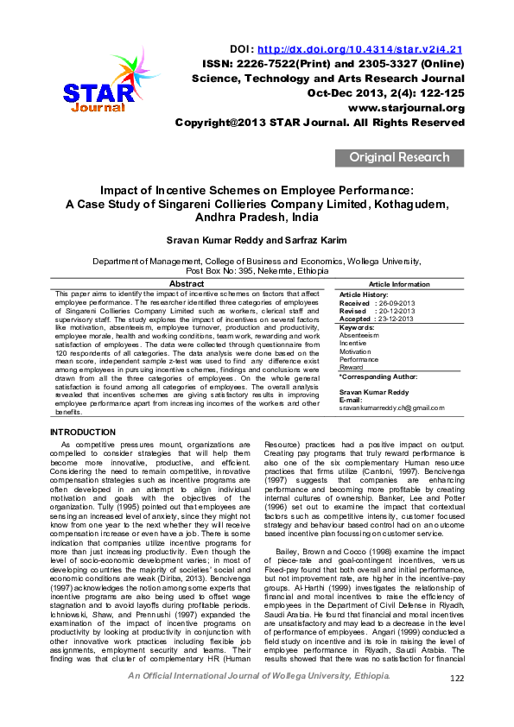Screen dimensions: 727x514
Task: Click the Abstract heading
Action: coord(187,284)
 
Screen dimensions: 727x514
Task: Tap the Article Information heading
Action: coord(399,284)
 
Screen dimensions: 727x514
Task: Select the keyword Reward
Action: coord(351,368)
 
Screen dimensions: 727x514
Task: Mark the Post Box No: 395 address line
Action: coord(257,270)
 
